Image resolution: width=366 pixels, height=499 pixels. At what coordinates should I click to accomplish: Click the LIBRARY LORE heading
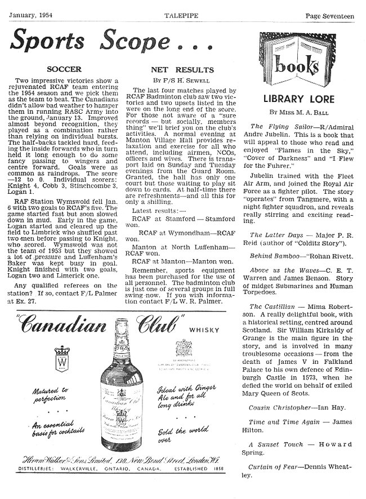pyautogui.click(x=299, y=99)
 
